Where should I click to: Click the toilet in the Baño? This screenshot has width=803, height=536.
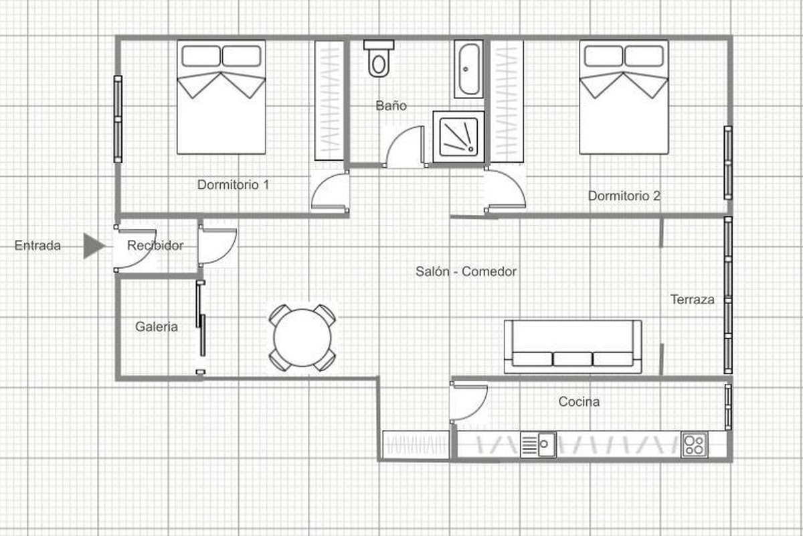coord(379,58)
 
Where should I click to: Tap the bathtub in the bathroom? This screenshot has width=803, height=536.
coord(468,69)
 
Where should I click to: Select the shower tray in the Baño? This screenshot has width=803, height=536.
coord(458,137)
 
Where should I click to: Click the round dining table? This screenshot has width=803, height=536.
coord(302,338)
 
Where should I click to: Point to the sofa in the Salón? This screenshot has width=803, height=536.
coord(573,346)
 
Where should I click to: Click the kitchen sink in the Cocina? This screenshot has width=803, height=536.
coord(539,444)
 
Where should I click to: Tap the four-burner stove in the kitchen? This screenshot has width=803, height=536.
coord(695,445)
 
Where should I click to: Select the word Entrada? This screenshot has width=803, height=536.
coord(37,246)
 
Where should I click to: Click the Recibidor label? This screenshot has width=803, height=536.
coord(155,246)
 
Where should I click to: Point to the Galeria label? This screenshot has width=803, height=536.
coord(157,327)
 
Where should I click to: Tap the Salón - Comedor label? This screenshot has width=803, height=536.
coord(466,271)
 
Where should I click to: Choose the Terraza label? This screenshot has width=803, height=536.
coord(692,299)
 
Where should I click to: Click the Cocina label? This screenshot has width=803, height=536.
coord(579,402)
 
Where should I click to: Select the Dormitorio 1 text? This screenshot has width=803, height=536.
coord(233,185)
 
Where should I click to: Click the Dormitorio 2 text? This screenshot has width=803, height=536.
coord(624,196)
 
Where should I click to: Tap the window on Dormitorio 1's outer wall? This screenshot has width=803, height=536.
coord(118,119)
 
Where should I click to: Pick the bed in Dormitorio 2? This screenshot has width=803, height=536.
coord(624,97)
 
